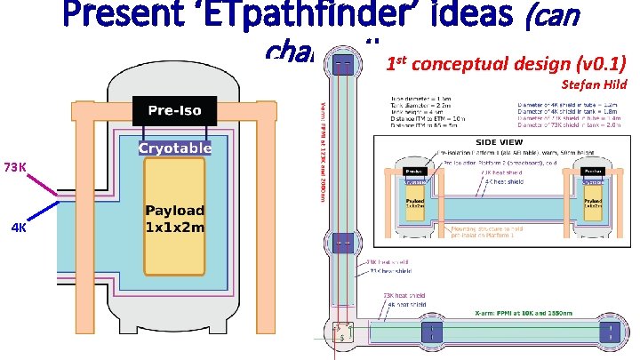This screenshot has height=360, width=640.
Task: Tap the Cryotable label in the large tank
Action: tap(174, 148)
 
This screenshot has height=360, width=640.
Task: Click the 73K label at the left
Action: tap(16, 167)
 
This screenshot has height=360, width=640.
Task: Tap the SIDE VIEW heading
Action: tap(500, 142)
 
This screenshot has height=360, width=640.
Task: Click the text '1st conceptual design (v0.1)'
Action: tap(506, 65)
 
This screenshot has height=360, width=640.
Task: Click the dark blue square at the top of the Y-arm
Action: tap(341, 65)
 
